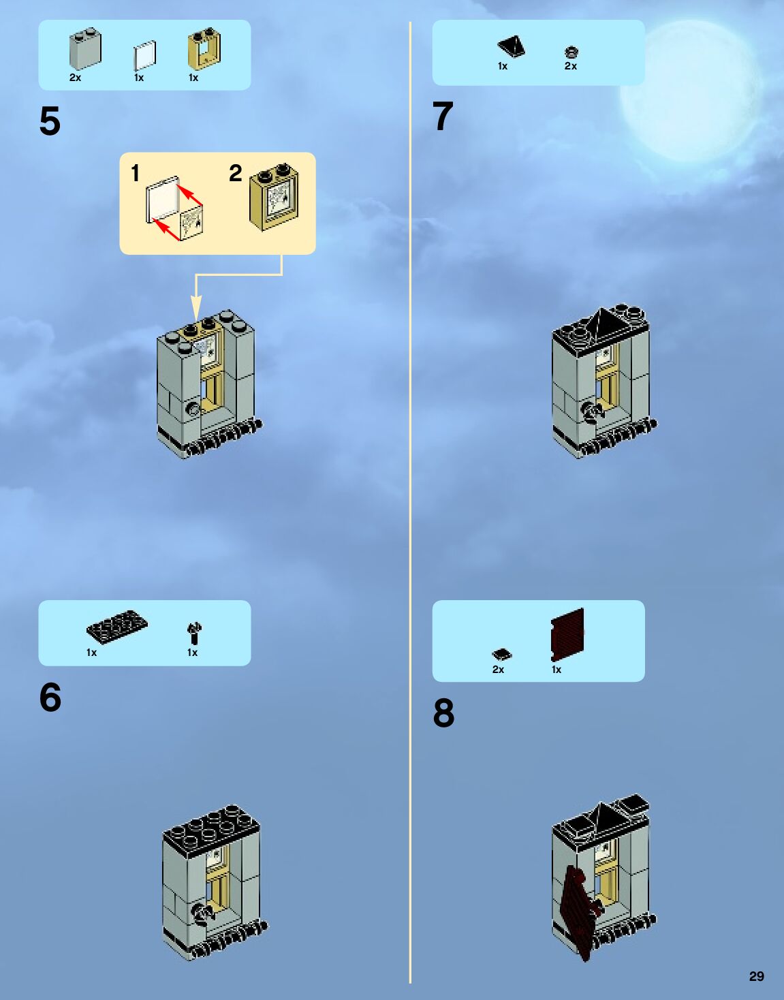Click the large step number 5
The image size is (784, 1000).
(x=50, y=122)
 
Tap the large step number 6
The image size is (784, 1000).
(x=50, y=698)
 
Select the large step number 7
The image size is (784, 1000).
(x=443, y=116)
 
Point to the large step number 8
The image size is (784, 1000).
(x=443, y=713)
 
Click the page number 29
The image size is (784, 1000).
(x=756, y=976)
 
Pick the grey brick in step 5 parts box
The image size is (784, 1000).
(x=85, y=49)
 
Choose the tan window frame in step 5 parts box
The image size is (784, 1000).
(x=204, y=49)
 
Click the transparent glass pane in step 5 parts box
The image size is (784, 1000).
(x=144, y=56)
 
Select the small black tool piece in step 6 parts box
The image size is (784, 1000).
(x=194, y=633)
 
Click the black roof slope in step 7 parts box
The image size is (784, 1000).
(x=511, y=46)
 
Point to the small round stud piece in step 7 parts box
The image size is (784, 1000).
(x=571, y=51)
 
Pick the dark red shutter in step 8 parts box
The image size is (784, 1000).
(x=567, y=634)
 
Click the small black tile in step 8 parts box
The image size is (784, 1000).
(x=502, y=655)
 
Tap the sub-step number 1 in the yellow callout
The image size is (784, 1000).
(x=135, y=173)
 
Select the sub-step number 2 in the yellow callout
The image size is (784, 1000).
(x=236, y=173)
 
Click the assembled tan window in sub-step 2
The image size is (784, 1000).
(x=274, y=197)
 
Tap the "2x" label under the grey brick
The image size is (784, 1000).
(x=75, y=78)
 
